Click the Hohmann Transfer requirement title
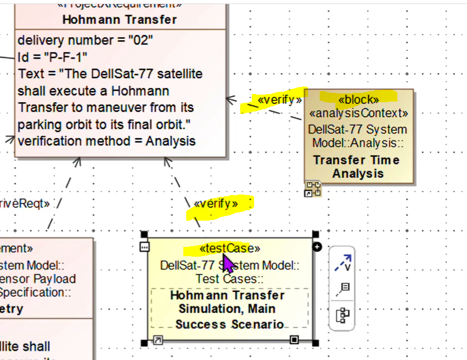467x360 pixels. point(120,20)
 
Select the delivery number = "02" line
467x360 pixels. point(85,41)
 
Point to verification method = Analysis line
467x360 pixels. point(107,141)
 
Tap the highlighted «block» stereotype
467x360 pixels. point(359,99)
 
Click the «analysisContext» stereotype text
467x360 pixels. point(359,114)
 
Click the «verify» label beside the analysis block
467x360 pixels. point(280,100)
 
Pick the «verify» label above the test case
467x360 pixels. point(216,204)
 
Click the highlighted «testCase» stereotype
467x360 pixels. point(230,249)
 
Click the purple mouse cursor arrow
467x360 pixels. point(228,264)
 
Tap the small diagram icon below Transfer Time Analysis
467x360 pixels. point(313,189)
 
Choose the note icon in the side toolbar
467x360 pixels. point(342,288)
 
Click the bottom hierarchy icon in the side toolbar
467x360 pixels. point(342,315)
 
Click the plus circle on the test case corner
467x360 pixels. point(317,247)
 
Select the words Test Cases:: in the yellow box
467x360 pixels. point(230,279)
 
